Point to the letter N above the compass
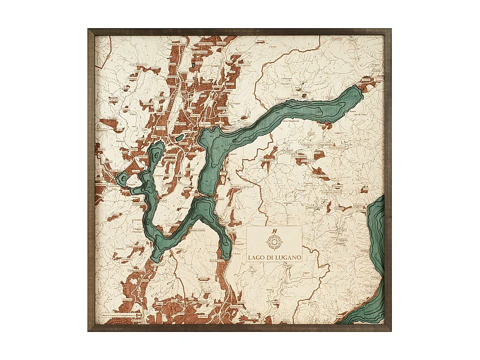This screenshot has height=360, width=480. click(x=274, y=231)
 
